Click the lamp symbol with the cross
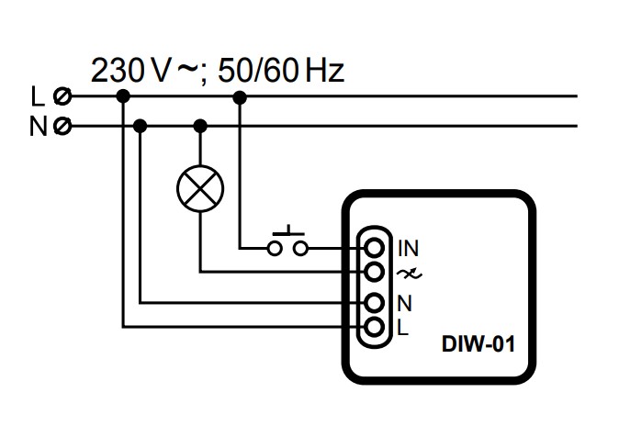point(200,190)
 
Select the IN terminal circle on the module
point(374,247)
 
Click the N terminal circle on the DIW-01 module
point(374,301)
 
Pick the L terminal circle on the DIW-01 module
point(374,326)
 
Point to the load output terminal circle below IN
point(374,272)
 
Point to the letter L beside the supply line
point(37,95)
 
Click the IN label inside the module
point(408,247)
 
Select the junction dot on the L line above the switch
point(240,95)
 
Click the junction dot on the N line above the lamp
point(200,126)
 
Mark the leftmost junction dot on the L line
point(123,95)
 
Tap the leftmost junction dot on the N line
point(140,126)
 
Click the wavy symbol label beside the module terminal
point(406,273)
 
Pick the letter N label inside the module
point(404,301)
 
